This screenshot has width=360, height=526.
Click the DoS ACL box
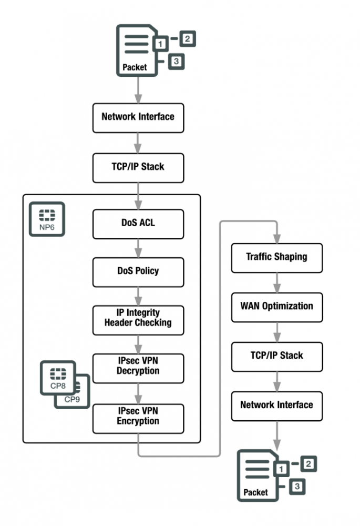click(x=138, y=223)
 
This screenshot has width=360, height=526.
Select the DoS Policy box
click(x=138, y=271)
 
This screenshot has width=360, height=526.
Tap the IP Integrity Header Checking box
click(x=138, y=319)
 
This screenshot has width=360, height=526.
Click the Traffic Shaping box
click(x=276, y=258)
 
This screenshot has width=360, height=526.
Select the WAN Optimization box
click(x=276, y=306)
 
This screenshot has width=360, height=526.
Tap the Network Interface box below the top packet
click(x=138, y=117)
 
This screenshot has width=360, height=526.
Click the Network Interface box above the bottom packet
click(x=276, y=406)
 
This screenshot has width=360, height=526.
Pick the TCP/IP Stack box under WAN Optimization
click(x=276, y=356)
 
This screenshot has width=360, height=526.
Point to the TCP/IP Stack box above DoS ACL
click(x=138, y=167)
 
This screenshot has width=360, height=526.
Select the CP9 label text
click(x=73, y=399)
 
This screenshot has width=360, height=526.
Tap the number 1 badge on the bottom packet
click(x=282, y=468)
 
